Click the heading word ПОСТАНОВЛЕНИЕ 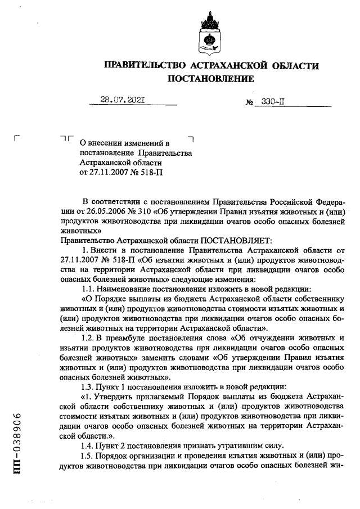tap(211, 79)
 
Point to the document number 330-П tap(272, 102)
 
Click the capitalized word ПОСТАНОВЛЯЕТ tap(225, 240)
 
